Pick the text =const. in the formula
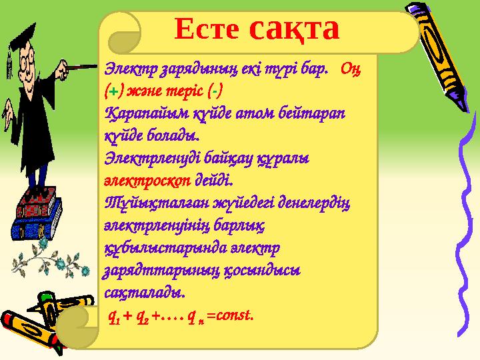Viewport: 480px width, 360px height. [230, 314]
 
